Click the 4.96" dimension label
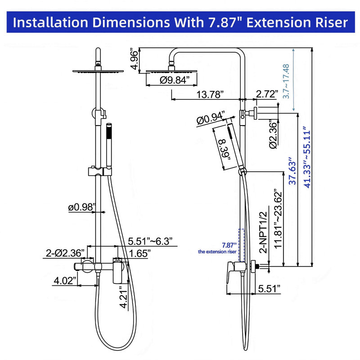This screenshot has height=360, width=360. pyautogui.click(x=134, y=59)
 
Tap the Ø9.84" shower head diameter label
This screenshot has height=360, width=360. pyautogui.click(x=175, y=80)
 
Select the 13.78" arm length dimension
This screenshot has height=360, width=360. pyautogui.click(x=210, y=94)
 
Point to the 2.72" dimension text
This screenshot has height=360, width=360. pyautogui.click(x=267, y=94)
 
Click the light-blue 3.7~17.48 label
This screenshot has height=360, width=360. pyautogui.click(x=286, y=81)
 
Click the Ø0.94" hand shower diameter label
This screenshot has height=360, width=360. pyautogui.click(x=210, y=118)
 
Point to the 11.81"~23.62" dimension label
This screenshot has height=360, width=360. pyautogui.click(x=278, y=219)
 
